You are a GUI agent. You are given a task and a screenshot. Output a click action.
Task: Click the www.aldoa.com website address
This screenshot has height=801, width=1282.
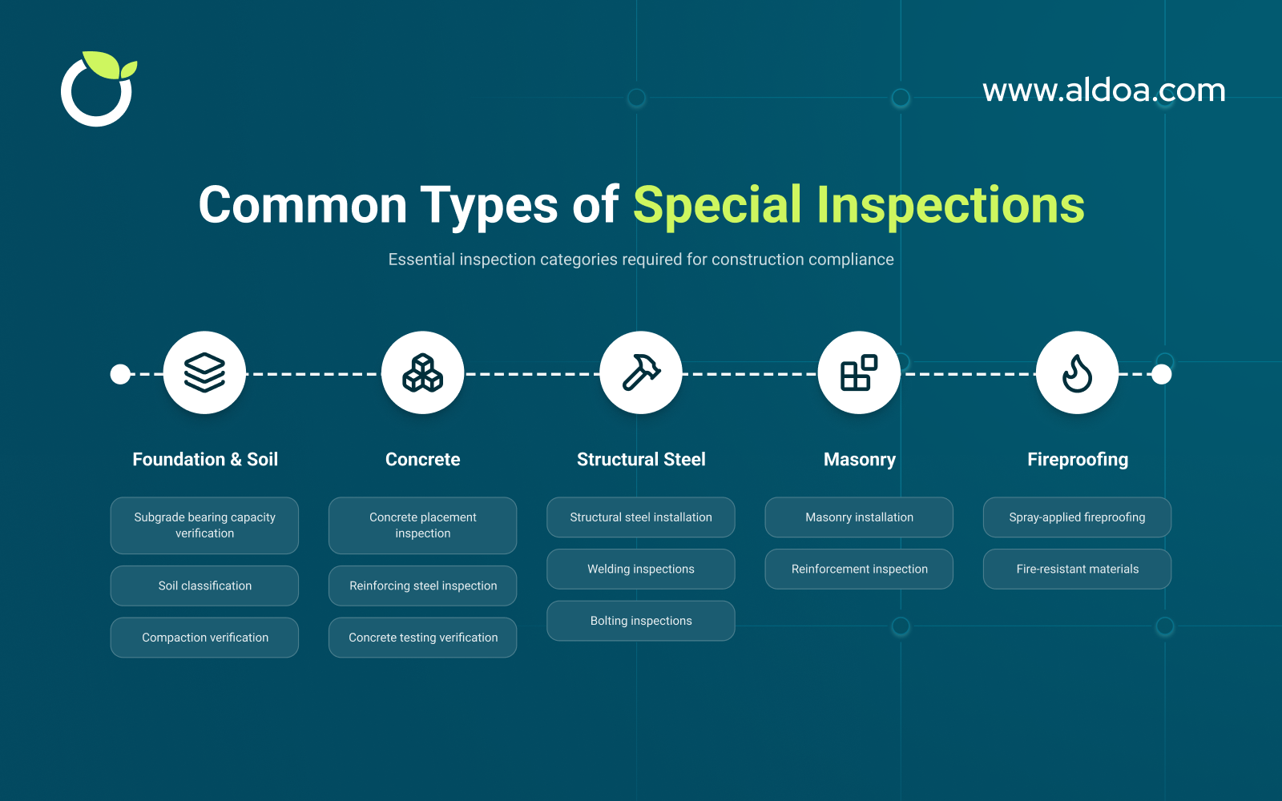click(1103, 91)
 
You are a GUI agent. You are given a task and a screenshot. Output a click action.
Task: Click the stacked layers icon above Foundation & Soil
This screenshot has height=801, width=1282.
click(204, 372)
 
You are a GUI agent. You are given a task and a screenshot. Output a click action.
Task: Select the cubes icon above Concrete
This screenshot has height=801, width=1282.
click(422, 372)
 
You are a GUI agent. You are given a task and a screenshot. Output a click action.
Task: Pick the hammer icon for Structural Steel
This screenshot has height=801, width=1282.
click(641, 372)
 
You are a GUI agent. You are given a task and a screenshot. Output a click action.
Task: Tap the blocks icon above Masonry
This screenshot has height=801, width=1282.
click(859, 372)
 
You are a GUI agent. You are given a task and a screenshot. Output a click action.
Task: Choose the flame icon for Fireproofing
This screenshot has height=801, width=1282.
click(1077, 372)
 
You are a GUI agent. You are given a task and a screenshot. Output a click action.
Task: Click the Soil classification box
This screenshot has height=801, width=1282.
click(204, 586)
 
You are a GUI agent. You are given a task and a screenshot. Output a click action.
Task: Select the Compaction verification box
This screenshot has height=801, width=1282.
click(204, 638)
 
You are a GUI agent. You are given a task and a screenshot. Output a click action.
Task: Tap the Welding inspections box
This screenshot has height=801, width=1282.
click(641, 569)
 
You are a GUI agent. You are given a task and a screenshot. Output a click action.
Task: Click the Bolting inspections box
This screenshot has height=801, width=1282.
click(641, 621)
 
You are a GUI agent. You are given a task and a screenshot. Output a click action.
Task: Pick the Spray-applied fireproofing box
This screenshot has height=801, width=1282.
click(1077, 517)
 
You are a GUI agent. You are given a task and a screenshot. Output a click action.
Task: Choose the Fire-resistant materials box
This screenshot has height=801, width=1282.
click(1077, 569)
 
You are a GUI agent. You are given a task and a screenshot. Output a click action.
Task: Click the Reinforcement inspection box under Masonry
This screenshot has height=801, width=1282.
click(859, 569)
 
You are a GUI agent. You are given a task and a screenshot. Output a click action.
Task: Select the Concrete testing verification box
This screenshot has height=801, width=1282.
click(422, 638)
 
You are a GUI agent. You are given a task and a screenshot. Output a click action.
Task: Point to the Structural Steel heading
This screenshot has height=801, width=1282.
click(641, 460)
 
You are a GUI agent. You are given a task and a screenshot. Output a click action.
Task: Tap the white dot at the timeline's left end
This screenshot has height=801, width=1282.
click(120, 374)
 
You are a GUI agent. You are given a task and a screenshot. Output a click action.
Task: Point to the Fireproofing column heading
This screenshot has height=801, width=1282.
click(1077, 460)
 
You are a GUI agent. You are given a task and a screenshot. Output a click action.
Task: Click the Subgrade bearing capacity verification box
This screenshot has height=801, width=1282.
click(204, 525)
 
